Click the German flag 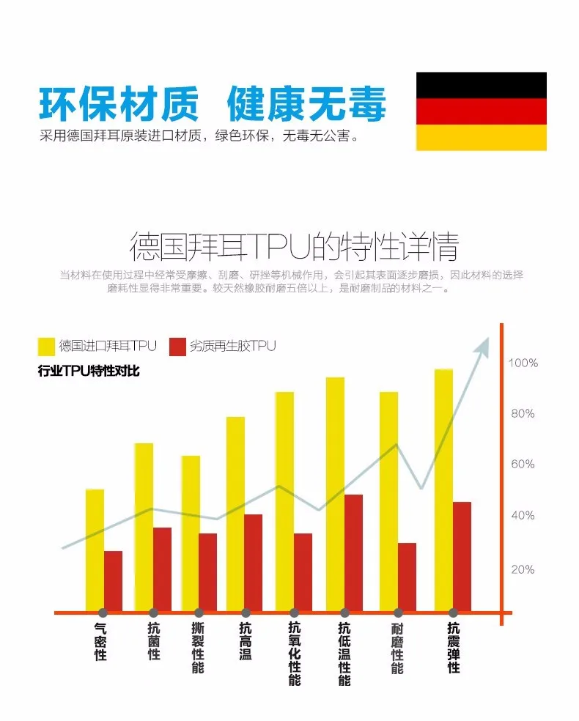(481, 111)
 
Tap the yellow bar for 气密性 (95, 550)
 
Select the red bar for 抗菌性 (162, 569)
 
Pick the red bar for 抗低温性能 (353, 552)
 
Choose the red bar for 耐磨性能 (407, 577)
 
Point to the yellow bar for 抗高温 (235, 513)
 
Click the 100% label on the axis (523, 363)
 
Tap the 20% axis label (523, 569)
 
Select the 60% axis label (523, 464)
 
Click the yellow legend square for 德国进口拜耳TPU (46, 346)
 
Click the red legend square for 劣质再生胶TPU (177, 346)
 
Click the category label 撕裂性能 (198, 648)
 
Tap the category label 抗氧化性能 (295, 654)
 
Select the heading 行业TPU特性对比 (89, 371)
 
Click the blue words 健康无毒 (306, 105)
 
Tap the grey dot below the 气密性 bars (103, 613)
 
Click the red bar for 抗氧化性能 (303, 572)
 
